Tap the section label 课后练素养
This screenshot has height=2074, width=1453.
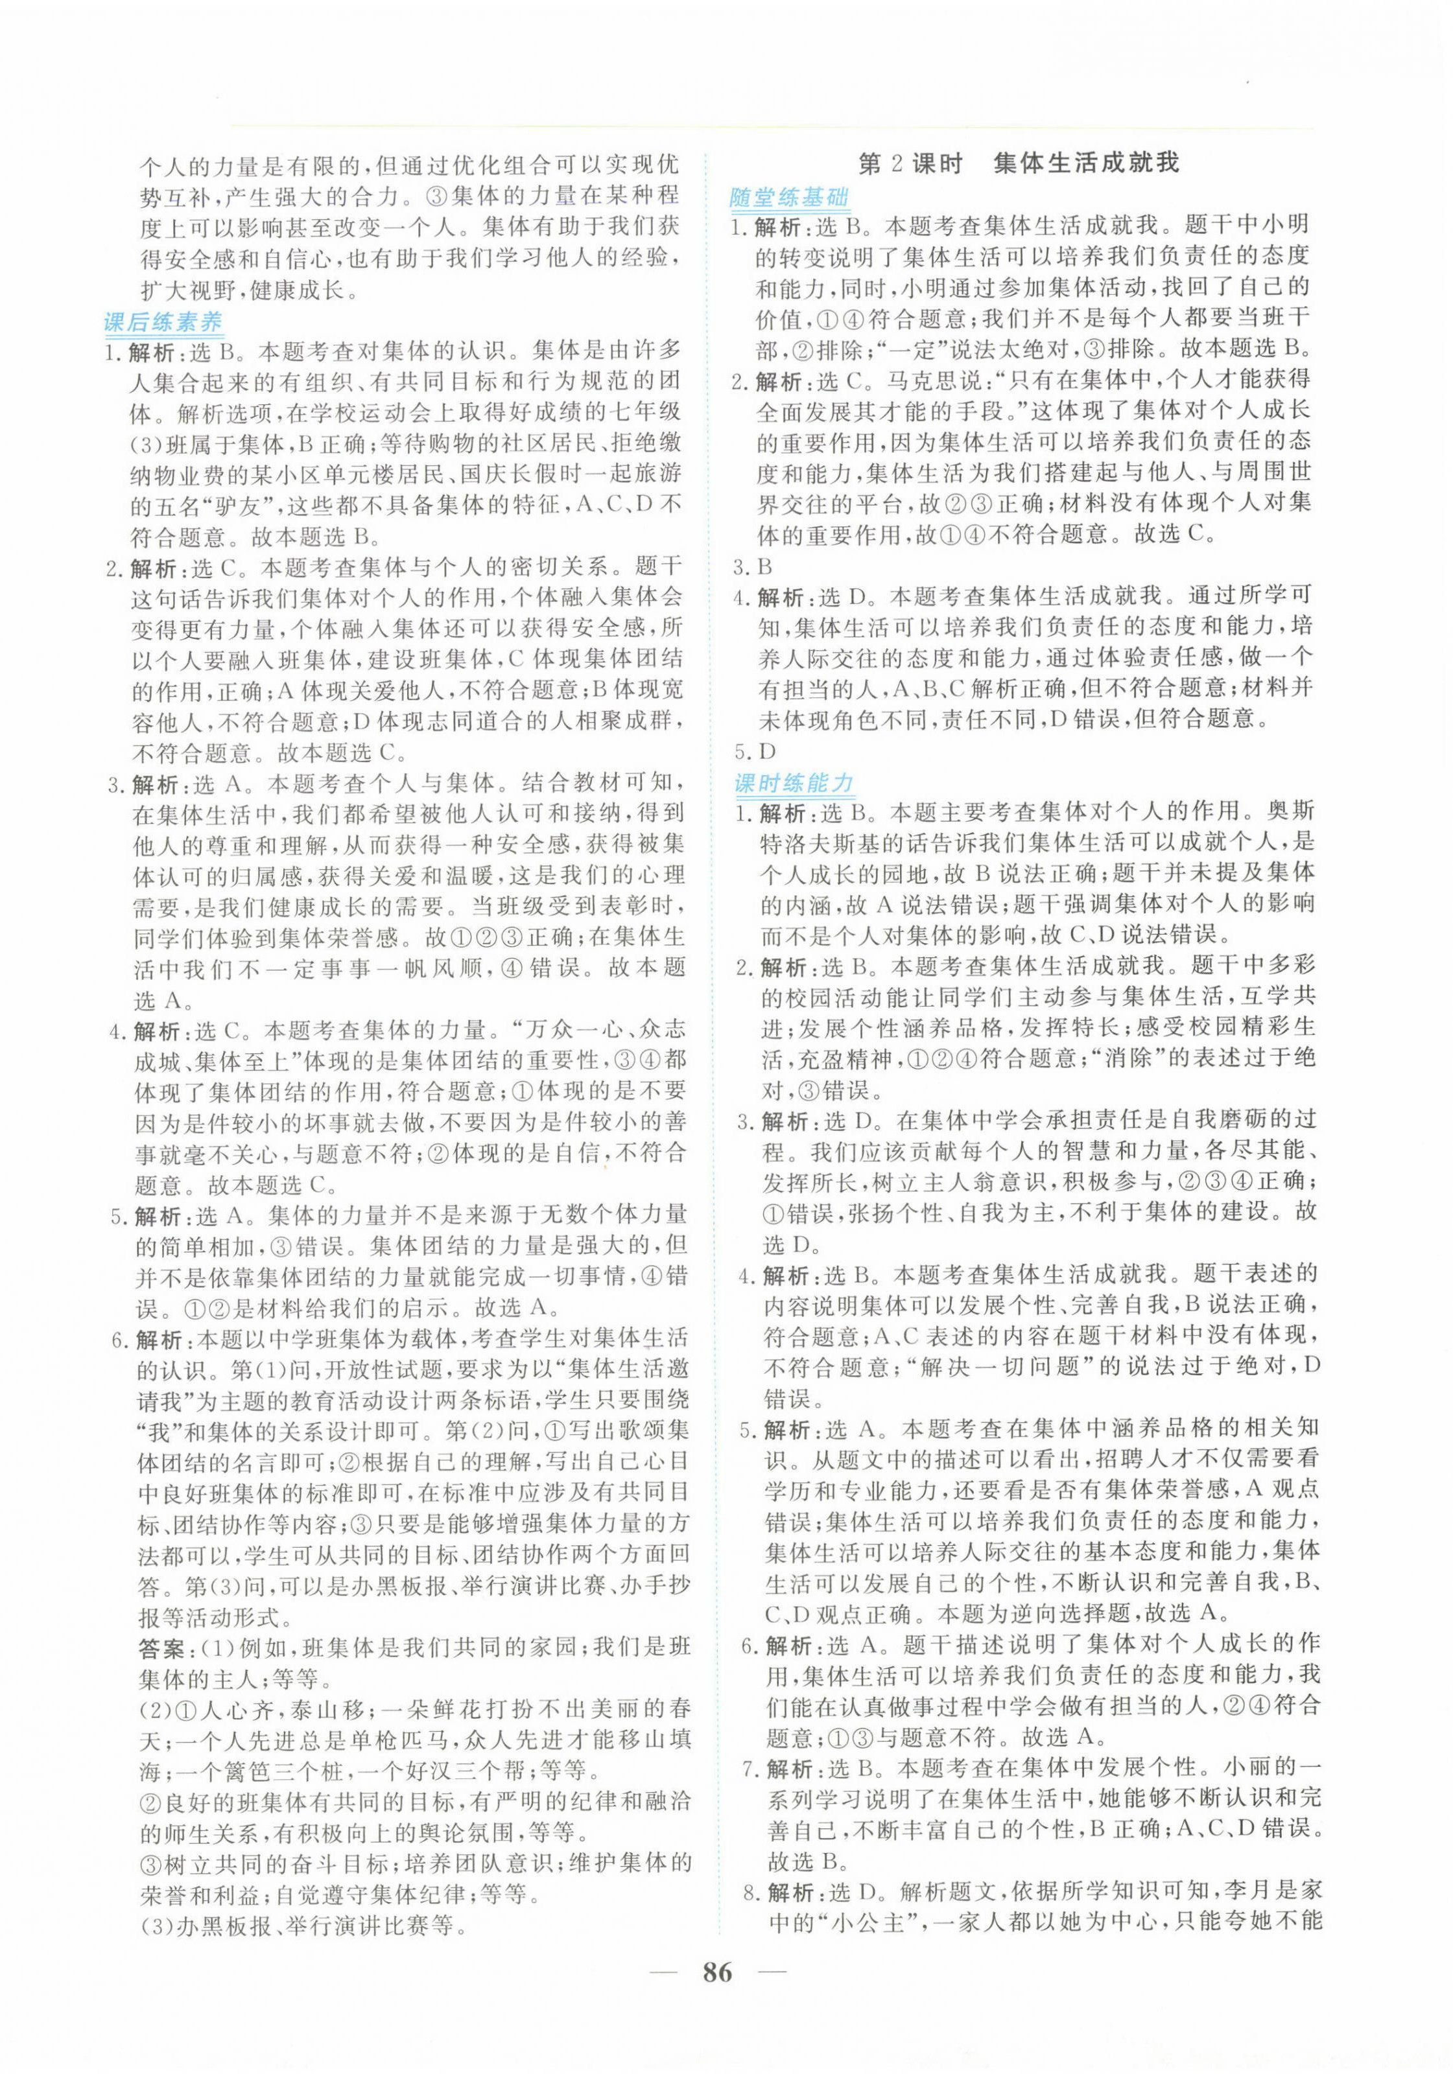pyautogui.click(x=163, y=321)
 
